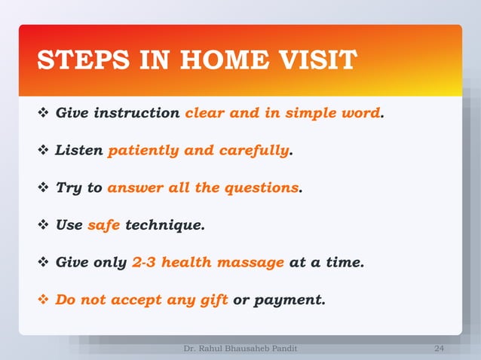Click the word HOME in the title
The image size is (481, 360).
tap(229, 60)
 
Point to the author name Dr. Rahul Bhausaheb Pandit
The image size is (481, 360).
tap(240, 349)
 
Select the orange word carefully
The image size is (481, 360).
tap(254, 151)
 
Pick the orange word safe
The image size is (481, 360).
tap(104, 224)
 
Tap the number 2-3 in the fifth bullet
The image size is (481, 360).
tap(144, 262)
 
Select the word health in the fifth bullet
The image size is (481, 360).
tap(188, 262)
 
